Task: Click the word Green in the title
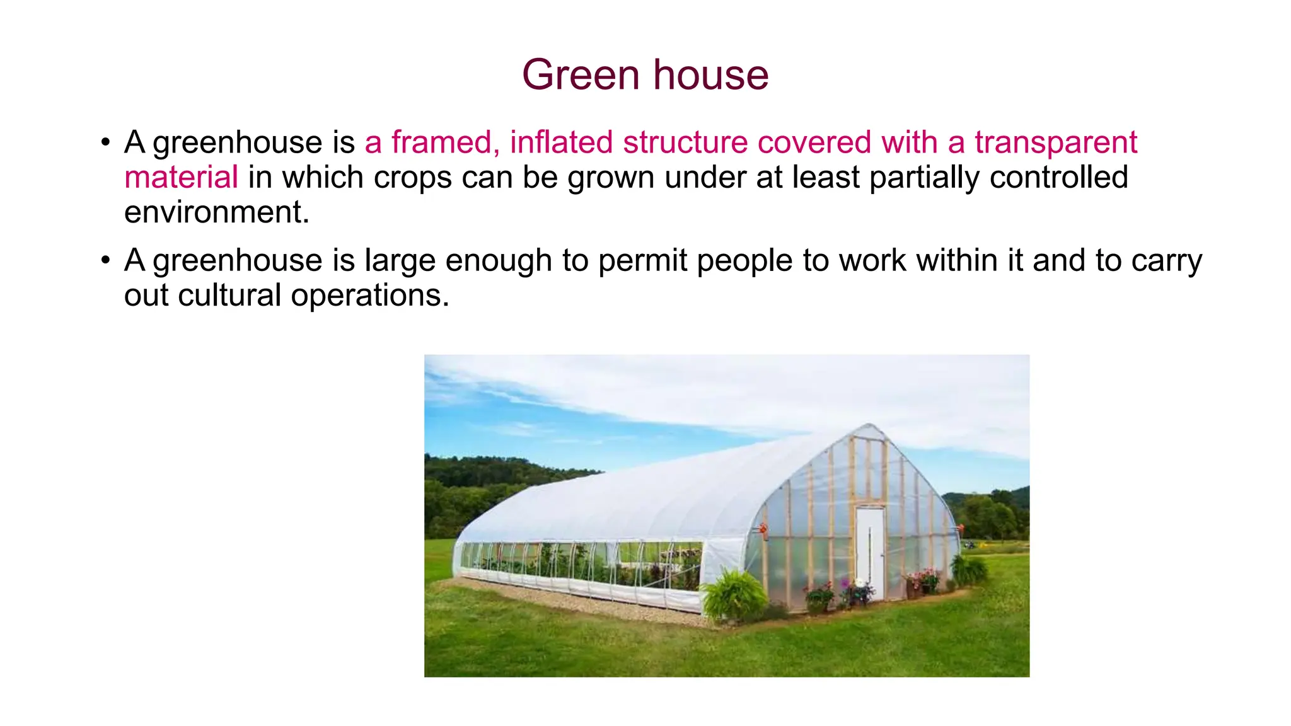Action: click(x=580, y=75)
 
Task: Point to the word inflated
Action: click(x=561, y=142)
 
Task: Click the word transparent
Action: click(x=1056, y=142)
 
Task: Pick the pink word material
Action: click(x=181, y=177)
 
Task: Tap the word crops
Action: click(x=412, y=177)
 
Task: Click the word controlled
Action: click(x=1059, y=177)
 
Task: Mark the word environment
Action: click(x=216, y=212)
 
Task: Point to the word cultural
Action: click(x=229, y=295)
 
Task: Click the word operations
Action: click(x=370, y=295)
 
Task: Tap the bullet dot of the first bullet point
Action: click(x=105, y=142)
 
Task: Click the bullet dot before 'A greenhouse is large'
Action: click(x=105, y=260)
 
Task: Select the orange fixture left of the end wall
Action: click(x=763, y=529)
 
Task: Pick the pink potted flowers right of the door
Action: click(x=924, y=578)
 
